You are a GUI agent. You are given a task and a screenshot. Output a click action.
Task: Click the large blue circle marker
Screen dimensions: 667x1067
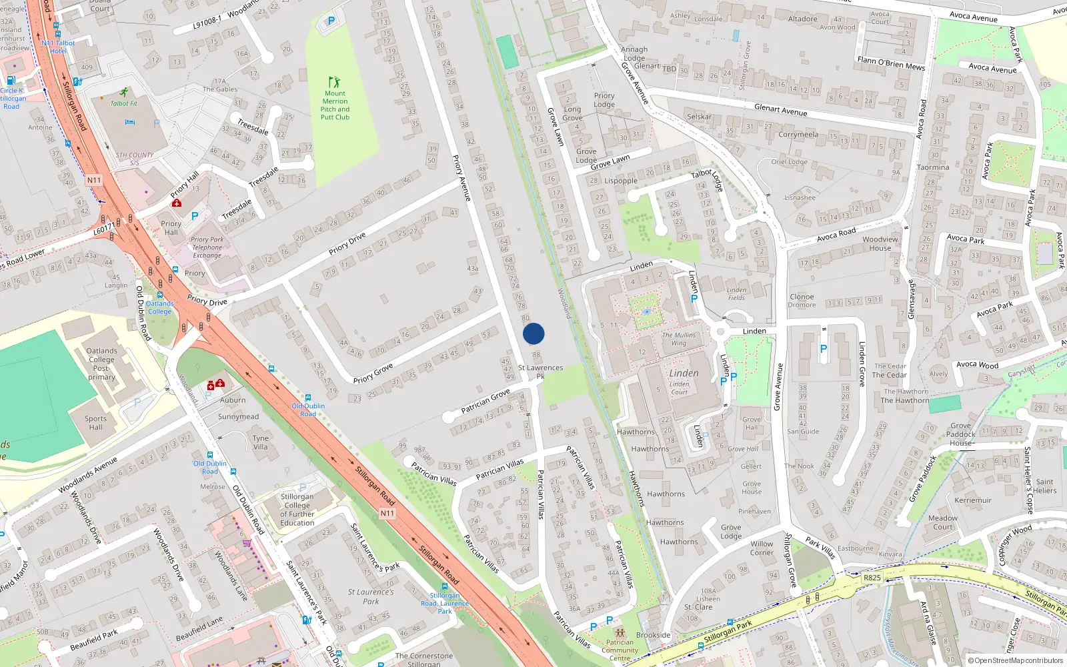(533, 333)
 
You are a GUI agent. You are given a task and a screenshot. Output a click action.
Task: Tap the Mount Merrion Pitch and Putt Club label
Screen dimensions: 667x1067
(335, 105)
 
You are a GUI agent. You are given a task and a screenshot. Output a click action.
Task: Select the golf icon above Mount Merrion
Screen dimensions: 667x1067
(335, 82)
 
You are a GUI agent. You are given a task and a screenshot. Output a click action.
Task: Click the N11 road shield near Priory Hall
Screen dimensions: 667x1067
(94, 180)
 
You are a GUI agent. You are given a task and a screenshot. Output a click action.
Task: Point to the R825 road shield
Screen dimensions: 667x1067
(872, 578)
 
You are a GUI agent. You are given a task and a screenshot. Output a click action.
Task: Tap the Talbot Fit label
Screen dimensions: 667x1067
(124, 103)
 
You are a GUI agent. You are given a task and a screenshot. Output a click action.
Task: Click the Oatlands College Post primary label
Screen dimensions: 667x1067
(101, 364)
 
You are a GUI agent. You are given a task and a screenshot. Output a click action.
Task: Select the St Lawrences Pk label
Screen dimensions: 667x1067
(540, 372)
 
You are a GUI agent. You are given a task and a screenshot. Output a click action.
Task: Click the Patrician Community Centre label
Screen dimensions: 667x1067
(620, 650)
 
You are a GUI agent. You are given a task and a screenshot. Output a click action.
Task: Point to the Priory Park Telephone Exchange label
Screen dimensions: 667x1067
(207, 247)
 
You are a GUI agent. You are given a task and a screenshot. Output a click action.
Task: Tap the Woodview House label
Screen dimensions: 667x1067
(880, 243)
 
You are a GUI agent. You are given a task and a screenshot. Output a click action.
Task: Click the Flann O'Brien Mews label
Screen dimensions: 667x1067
(891, 63)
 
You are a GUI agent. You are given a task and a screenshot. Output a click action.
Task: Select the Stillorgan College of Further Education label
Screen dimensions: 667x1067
(297, 510)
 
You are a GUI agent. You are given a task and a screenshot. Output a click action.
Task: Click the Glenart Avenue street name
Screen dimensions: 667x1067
(781, 110)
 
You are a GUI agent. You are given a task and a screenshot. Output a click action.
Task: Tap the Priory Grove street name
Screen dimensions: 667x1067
(373, 374)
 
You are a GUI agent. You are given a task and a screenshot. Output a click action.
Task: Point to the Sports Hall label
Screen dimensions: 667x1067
(95, 423)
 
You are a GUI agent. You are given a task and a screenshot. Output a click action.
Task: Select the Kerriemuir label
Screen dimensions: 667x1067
(973, 500)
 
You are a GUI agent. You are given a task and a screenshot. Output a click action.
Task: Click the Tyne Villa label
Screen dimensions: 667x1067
(261, 443)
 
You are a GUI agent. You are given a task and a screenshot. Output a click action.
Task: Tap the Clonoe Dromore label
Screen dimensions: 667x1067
(802, 301)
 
